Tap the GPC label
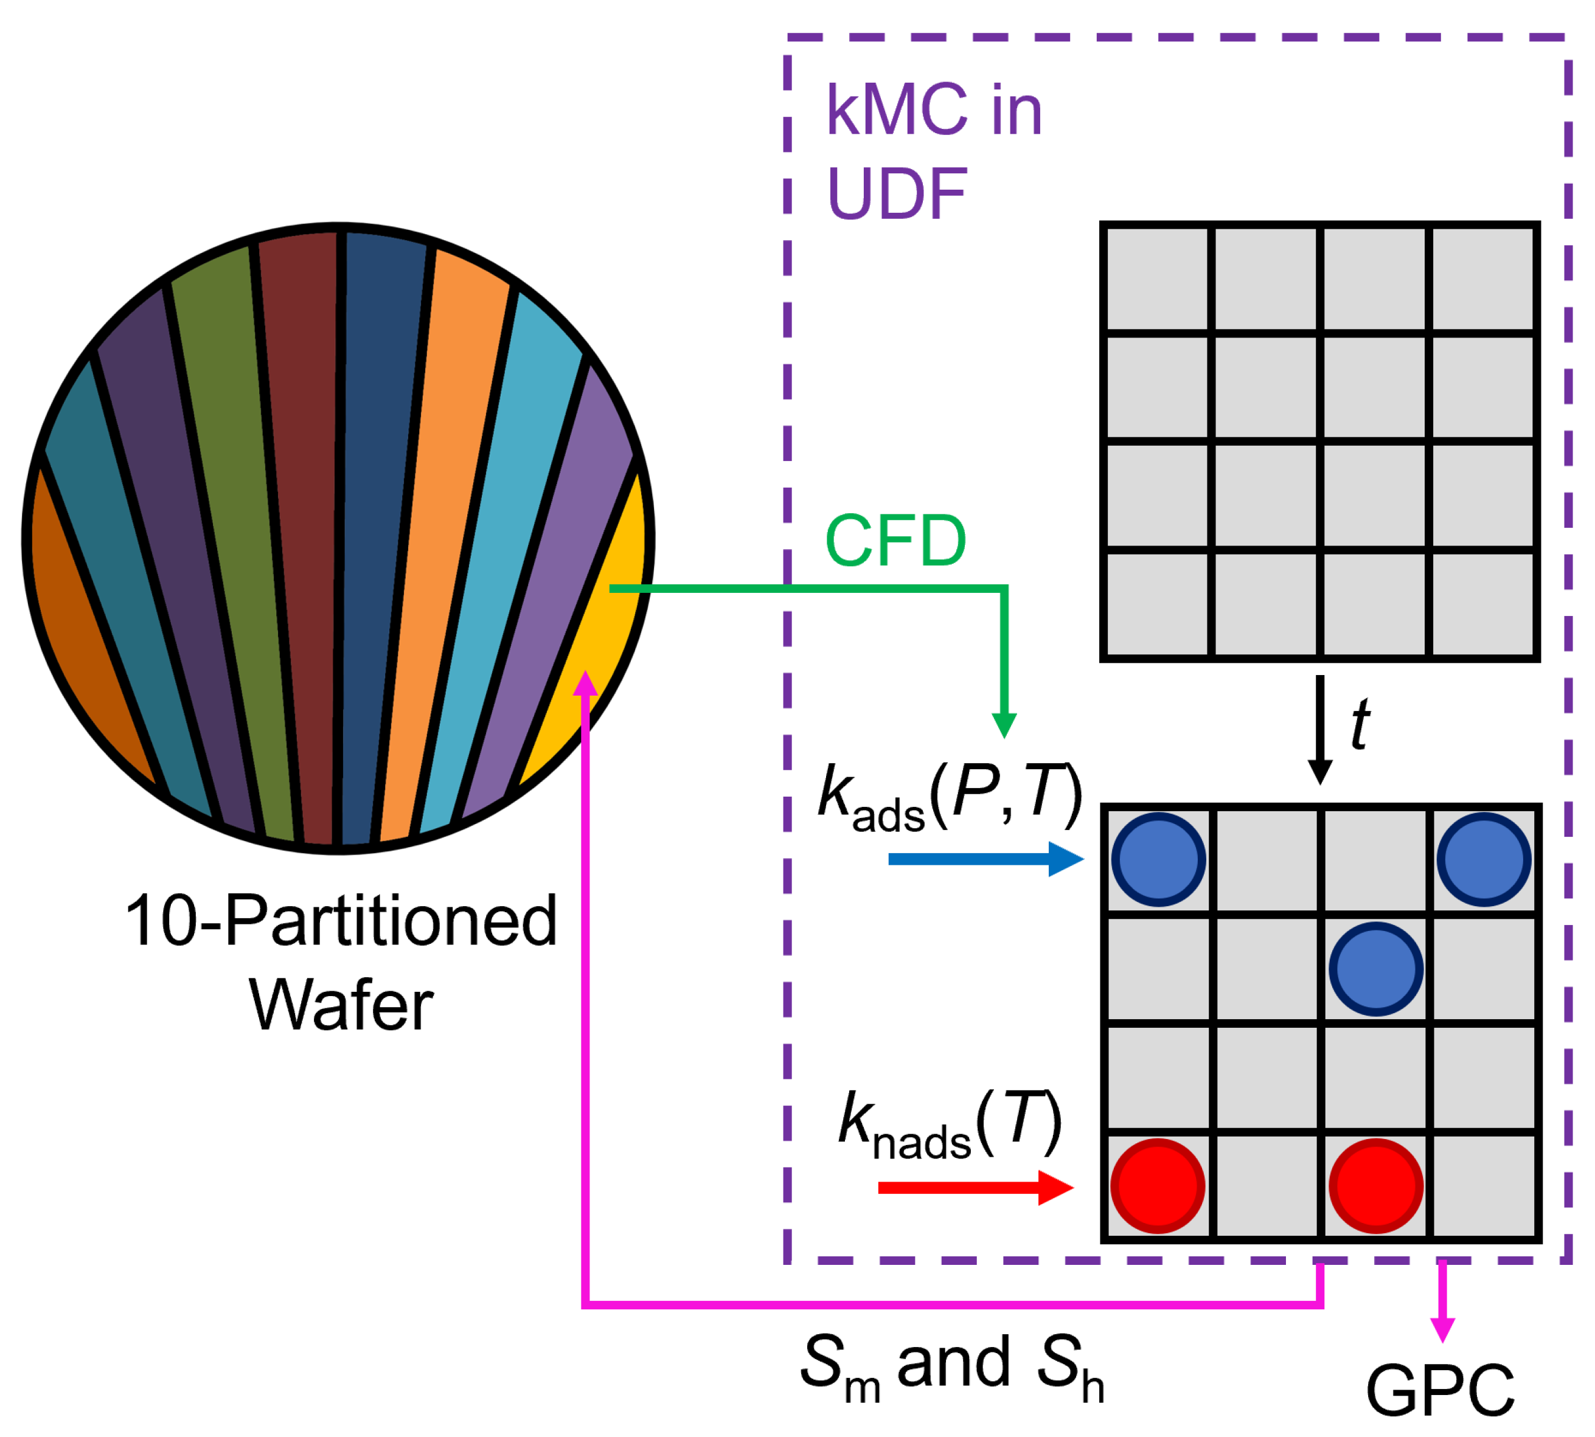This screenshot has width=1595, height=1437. point(1439,1391)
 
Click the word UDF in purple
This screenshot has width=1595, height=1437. point(896,193)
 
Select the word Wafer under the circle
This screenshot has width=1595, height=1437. point(341,1006)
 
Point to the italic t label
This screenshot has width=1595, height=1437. point(1360,724)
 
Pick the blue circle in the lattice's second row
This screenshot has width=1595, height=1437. point(1375,968)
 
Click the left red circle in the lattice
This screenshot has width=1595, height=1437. point(1158,1185)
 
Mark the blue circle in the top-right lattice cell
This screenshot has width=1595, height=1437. point(1484,859)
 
